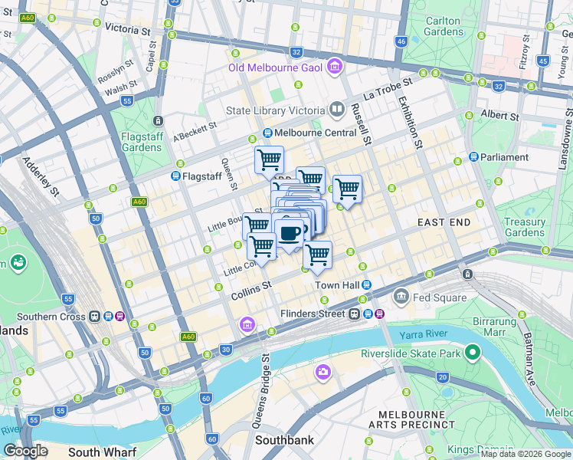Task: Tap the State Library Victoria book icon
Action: [336, 110]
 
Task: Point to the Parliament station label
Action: [504, 157]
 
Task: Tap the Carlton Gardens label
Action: [444, 26]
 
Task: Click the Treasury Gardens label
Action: [525, 227]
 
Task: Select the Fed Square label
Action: [433, 297]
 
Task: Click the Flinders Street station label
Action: [313, 314]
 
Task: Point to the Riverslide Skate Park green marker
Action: [473, 353]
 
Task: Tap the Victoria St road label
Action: [127, 29]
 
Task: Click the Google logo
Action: [25, 451]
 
